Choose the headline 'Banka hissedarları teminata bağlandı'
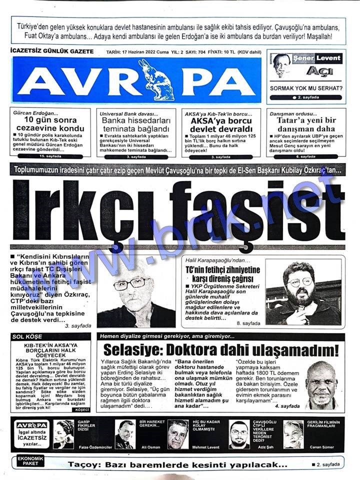[x=137, y=124]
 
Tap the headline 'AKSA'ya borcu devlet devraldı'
[x=219, y=124]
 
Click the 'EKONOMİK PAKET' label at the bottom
[x=31, y=460]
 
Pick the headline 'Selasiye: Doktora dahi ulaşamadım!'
[x=220, y=349]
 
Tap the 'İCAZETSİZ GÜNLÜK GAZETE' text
[x=48, y=52]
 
